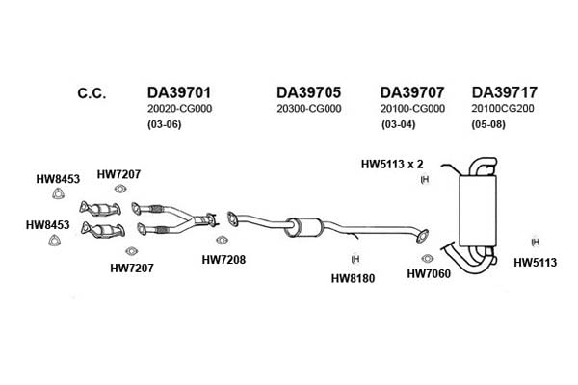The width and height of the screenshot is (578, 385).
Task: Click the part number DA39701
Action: (179, 92)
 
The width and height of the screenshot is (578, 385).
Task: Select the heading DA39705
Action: (309, 92)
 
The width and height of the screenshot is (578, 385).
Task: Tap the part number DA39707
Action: (412, 92)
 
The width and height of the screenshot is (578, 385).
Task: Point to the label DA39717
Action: (505, 92)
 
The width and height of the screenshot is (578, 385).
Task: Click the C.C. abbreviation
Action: (92, 93)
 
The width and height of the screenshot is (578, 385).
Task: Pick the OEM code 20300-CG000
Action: (309, 109)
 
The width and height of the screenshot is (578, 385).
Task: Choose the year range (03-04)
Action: (399, 124)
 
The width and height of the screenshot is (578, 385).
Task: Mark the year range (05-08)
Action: (488, 124)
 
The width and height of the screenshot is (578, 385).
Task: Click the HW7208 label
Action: (223, 260)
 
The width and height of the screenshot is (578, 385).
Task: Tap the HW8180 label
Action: (354, 278)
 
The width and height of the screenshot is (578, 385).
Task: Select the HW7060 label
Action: (429, 273)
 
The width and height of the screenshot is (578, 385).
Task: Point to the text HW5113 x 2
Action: (392, 164)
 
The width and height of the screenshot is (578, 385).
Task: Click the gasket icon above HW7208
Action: (222, 241)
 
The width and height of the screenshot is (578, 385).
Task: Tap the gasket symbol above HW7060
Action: (427, 258)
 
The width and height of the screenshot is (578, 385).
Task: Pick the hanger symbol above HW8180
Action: (355, 259)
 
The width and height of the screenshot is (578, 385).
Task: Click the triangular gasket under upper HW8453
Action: (58, 193)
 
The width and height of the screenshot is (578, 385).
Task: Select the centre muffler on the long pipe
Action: (304, 227)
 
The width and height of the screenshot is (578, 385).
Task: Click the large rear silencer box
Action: (478, 211)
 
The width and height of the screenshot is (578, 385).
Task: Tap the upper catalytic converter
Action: (100, 209)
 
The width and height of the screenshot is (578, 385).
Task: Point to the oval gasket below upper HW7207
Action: (119, 189)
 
